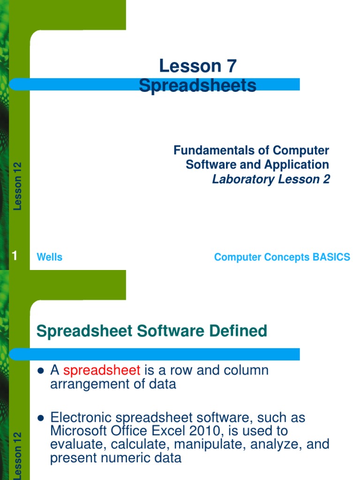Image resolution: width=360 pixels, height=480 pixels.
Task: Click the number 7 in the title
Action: point(232,66)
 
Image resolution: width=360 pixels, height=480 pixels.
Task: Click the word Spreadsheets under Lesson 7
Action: point(198,86)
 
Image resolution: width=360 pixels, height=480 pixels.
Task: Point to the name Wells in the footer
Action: point(49,257)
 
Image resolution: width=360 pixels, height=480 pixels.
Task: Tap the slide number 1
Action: point(15,256)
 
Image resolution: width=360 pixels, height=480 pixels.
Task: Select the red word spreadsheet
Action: point(102,370)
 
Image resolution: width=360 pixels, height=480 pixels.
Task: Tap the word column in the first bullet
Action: point(246,370)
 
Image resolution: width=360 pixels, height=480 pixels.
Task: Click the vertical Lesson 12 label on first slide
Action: point(18,186)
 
